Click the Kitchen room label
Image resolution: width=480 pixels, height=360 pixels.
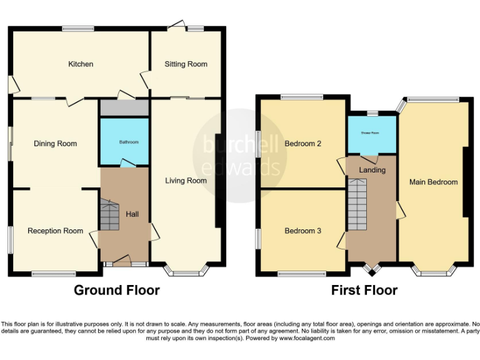tap(81, 64)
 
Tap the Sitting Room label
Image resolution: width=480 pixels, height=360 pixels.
tap(186, 64)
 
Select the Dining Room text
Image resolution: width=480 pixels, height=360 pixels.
tap(55, 144)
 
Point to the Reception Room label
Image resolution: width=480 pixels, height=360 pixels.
tap(55, 231)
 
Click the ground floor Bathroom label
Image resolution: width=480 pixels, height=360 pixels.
tap(124, 142)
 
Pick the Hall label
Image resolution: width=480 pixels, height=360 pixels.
tap(132, 214)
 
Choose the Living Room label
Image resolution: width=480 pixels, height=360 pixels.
tap(186, 181)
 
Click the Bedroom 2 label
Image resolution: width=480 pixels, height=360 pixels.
tap(302, 144)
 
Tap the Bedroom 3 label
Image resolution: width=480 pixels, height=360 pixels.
tap(302, 231)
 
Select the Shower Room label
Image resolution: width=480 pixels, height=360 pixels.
tap(372, 133)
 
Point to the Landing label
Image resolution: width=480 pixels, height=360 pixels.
tap(372, 169)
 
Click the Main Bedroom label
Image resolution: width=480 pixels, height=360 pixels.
tap(433, 182)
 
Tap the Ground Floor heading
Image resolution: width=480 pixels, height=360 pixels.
tap(116, 290)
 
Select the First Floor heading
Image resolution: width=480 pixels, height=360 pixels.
tap(364, 290)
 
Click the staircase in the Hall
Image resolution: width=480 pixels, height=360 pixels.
tap(109, 216)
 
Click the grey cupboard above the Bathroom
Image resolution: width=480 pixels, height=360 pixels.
tap(124, 107)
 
